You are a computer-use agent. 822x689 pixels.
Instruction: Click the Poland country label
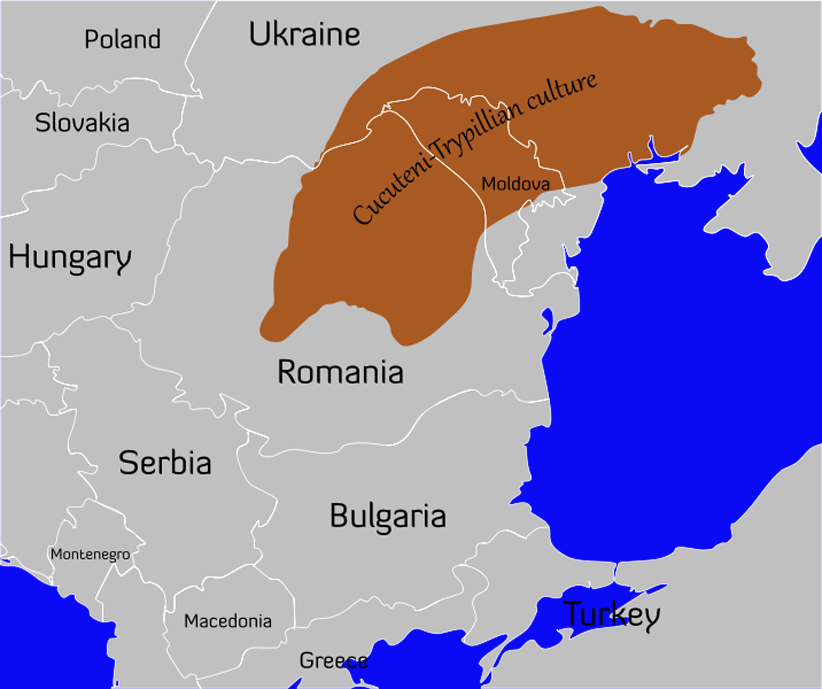coord(122,39)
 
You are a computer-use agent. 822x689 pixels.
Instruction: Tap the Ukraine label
coord(304,35)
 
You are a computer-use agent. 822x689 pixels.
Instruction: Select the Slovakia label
coord(82,123)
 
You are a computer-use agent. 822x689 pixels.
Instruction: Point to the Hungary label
coord(70,258)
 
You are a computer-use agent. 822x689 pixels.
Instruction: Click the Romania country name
coord(340,372)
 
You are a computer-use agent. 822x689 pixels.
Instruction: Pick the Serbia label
coord(165,463)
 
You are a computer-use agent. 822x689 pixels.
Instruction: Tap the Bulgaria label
coord(388,516)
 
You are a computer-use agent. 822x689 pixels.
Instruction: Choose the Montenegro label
coord(90,555)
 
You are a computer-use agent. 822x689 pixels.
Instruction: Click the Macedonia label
coord(228,621)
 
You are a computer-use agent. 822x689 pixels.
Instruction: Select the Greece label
coord(333,660)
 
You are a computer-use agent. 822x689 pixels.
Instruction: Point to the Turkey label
coord(612,614)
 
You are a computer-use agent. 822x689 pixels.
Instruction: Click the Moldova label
coord(515,184)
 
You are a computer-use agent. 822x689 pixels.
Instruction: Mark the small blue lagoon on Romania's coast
coord(547,321)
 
